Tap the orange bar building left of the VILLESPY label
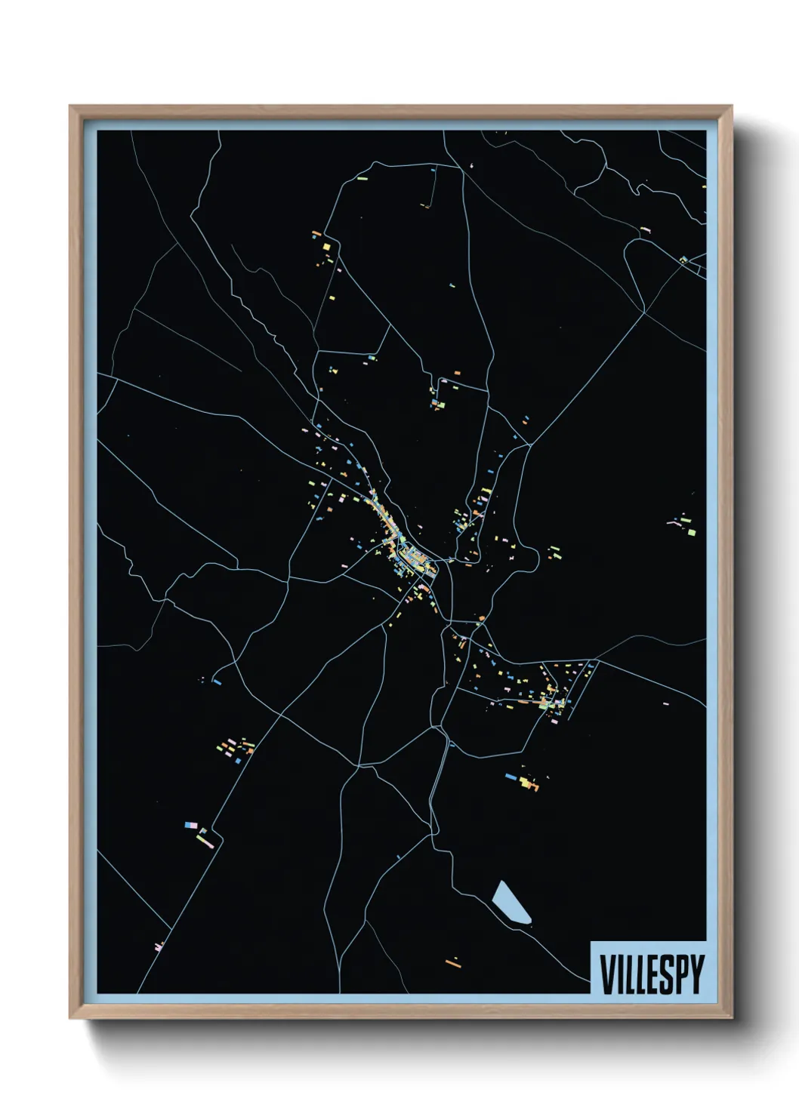coord(453,962)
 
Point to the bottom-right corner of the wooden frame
coord(732,1018)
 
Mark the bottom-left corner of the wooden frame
coord(71,1018)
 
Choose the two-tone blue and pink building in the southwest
coord(190,826)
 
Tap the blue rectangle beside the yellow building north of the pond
coord(511,775)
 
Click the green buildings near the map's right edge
coord(685,523)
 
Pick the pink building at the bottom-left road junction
coord(159,946)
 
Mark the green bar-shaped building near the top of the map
coord(362,180)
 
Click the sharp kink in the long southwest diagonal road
coord(218,834)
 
